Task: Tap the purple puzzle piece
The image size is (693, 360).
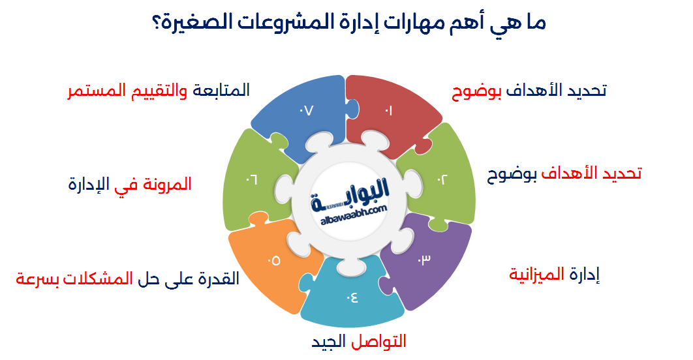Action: pyautogui.click(x=425, y=261)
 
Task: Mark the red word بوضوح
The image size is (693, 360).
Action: pyautogui.click(x=476, y=90)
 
